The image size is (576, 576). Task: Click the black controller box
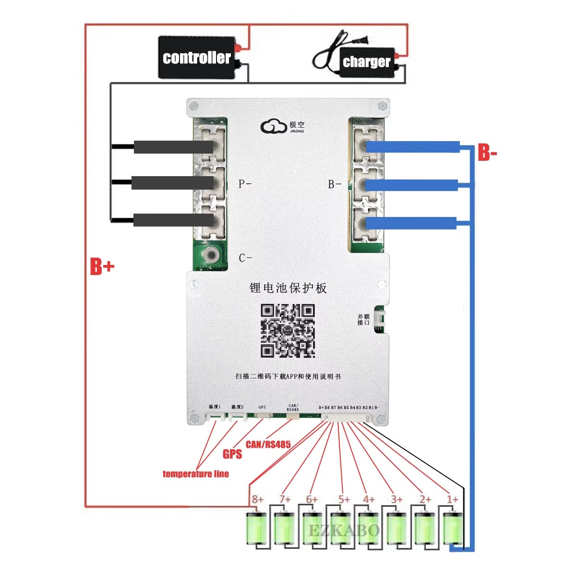pyautogui.click(x=197, y=58)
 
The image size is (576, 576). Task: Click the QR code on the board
pyautogui.click(x=288, y=330)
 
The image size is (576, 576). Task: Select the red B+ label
pyautogui.click(x=102, y=266)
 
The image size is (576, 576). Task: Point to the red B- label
pyautogui.click(x=487, y=154)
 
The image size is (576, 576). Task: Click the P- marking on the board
pyautogui.click(x=245, y=184)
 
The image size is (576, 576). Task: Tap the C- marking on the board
pyautogui.click(x=245, y=258)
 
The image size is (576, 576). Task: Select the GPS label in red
pyautogui.click(x=232, y=454)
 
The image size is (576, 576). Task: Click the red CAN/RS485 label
pyautogui.click(x=268, y=444)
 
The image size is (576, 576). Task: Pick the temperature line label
pyautogui.click(x=195, y=474)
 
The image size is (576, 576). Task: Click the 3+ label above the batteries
pyautogui.click(x=396, y=500)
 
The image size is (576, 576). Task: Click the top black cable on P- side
pyautogui.click(x=173, y=147)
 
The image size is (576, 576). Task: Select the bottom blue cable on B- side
pyautogui.click(x=411, y=223)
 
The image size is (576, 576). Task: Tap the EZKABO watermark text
pyautogui.click(x=344, y=531)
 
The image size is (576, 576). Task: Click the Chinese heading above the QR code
pyautogui.click(x=288, y=288)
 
